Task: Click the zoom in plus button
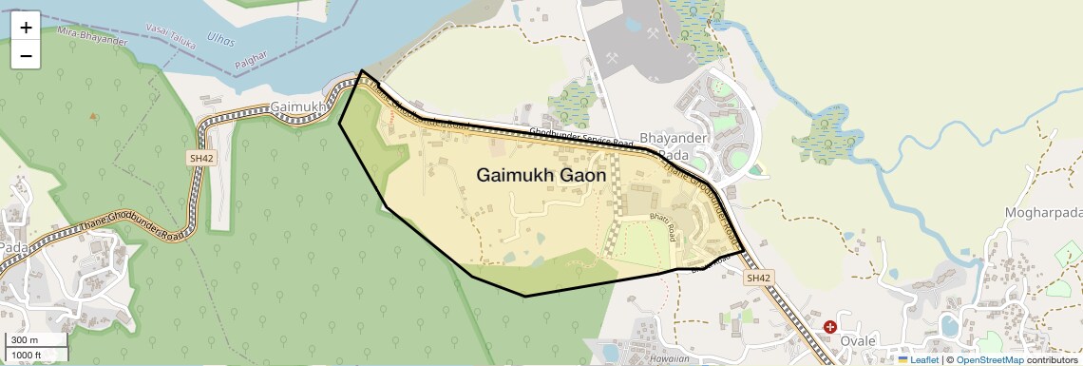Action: tap(26, 27)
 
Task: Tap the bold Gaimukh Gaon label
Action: tap(541, 176)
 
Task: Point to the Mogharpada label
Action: tap(1042, 212)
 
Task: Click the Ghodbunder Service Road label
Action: tap(581, 137)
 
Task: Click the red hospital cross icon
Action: tap(830, 326)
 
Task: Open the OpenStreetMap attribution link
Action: tap(989, 360)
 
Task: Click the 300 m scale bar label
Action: tap(26, 340)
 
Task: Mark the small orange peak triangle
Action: tap(93, 116)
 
